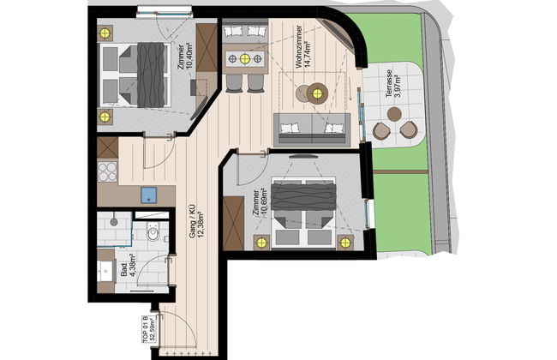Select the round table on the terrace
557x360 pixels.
[395, 115]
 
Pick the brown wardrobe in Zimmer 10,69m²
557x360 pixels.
[232, 221]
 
